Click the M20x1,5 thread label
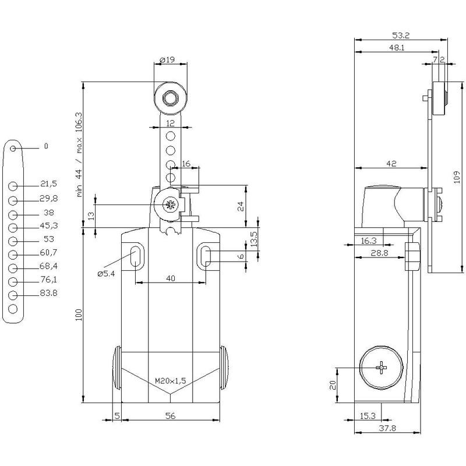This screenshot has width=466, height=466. coord(170,380)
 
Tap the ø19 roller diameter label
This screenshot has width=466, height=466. coord(167,60)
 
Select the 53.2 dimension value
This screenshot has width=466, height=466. coord(401,36)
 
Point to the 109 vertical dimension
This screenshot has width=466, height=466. coord(457,177)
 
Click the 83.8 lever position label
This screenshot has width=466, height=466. coord(49,293)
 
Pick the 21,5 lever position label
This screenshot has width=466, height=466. coord(48,184)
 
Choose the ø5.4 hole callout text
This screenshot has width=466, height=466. coord(106,274)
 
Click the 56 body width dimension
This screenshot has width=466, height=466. coord(170,416)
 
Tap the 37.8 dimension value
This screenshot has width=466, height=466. coord(387,428)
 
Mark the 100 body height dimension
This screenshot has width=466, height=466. coord(79,315)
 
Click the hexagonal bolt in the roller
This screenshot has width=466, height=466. coord(170,98)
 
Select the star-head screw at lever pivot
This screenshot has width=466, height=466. coord(170,204)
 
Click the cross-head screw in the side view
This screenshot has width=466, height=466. coord(382,368)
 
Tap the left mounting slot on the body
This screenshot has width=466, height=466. coord(136,256)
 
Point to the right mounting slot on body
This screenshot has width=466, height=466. coord(205,256)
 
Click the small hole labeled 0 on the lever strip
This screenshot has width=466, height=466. coord(13,148)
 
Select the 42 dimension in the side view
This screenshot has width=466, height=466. coord(391,164)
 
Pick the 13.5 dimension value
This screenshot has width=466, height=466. coord(254,239)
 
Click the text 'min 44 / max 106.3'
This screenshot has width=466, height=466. coord(79,154)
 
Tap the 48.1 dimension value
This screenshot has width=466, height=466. coord(397,48)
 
